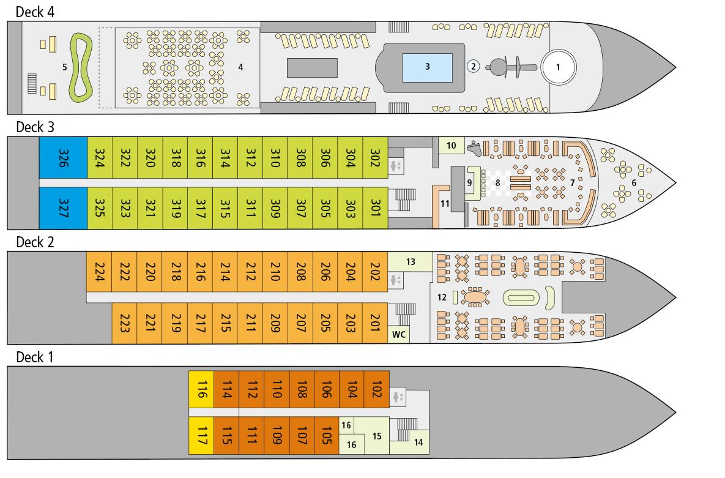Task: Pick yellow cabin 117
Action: tap(201, 436)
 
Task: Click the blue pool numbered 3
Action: tap(427, 67)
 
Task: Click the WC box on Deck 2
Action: tap(399, 335)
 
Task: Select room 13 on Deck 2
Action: tap(411, 261)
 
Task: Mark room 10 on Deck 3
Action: tap(452, 145)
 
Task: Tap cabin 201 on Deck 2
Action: tap(376, 323)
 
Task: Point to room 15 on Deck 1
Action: tap(377, 436)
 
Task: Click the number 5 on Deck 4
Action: tap(64, 67)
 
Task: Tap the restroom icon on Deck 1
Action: tap(398, 397)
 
